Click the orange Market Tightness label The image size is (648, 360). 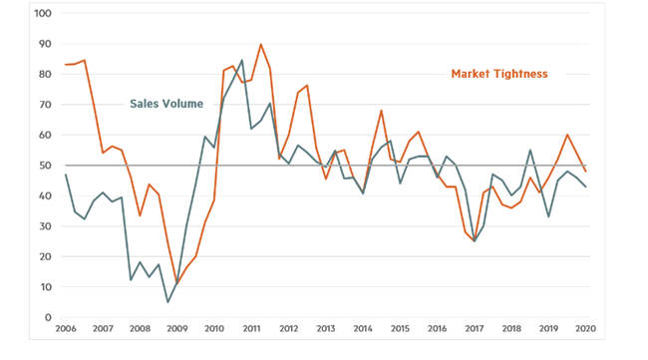[499, 74]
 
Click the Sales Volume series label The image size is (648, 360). [165, 103]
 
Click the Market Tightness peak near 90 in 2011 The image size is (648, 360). [261, 44]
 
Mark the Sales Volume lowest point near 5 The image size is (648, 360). [168, 302]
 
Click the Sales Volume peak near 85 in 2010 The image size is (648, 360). [242, 60]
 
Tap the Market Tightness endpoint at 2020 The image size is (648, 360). [584, 172]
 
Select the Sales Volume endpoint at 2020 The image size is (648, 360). [584, 186]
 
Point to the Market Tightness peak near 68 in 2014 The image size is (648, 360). [381, 111]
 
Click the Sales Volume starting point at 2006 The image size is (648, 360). [66, 175]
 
